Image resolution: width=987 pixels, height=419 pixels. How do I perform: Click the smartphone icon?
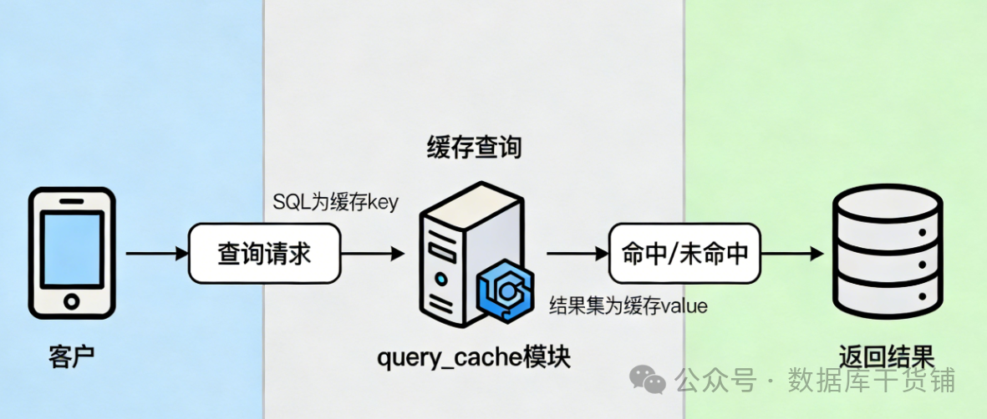pos(72,252)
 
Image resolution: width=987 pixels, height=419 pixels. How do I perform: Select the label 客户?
pos(72,356)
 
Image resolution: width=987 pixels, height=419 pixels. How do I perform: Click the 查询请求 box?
pos(264,253)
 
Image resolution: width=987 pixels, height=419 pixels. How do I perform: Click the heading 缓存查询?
pos(474,149)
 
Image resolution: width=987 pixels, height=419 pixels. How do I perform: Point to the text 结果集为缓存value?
pos(628,306)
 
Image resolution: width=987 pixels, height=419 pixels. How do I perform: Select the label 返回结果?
pos(886,357)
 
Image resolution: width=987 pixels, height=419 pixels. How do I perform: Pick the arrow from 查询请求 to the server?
pos(373,253)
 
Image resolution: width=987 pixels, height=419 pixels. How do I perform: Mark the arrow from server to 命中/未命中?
pos(577,253)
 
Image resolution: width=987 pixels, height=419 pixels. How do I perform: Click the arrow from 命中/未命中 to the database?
pos(794,253)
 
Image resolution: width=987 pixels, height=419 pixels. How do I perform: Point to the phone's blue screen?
pos(72,247)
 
